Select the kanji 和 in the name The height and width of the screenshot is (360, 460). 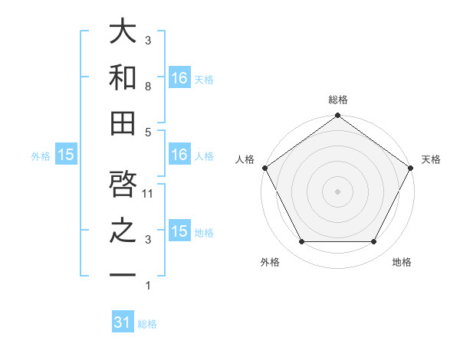point(123,78)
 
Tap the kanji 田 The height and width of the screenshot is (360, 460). point(123,123)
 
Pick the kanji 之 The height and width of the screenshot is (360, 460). point(123,231)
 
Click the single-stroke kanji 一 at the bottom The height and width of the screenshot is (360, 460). point(123,275)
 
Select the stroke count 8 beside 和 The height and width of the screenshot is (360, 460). point(148,87)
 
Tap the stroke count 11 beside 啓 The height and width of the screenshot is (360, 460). point(149,194)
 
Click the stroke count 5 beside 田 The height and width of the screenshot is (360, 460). point(148,132)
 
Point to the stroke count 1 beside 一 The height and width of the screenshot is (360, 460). point(148,286)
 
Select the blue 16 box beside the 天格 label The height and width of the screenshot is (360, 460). point(179,77)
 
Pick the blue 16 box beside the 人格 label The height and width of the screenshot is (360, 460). point(179,155)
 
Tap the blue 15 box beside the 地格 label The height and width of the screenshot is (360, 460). point(179,231)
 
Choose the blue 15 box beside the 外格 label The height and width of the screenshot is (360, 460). point(66,155)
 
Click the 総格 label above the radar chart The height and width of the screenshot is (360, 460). point(337,100)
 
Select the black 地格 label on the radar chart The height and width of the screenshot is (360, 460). point(402,262)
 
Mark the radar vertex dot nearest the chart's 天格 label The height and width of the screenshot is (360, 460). point(410,168)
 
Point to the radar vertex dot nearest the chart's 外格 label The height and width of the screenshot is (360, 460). point(301,242)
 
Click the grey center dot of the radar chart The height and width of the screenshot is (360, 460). point(337,191)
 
